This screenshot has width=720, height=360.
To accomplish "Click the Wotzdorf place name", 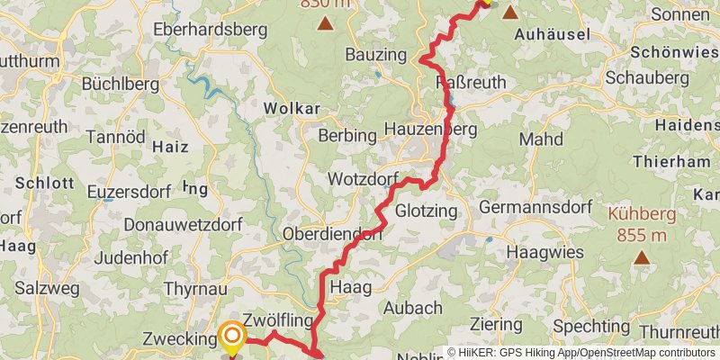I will pyautogui.click(x=364, y=178).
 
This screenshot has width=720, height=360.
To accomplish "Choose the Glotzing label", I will pyautogui.click(x=427, y=211).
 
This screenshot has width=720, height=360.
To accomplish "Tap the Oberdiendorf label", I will pyautogui.click(x=332, y=233).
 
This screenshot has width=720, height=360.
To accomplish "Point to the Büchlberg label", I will pyautogui.click(x=120, y=84).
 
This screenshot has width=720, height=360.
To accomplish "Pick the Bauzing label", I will pyautogui.click(x=377, y=56).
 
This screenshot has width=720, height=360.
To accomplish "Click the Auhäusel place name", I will pyautogui.click(x=551, y=35).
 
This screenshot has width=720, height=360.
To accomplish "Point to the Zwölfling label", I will pyautogui.click(x=277, y=320).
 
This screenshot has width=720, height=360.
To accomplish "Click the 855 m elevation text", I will pyautogui.click(x=642, y=236).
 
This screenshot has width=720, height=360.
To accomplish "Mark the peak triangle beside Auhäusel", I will pyautogui.click(x=510, y=13).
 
